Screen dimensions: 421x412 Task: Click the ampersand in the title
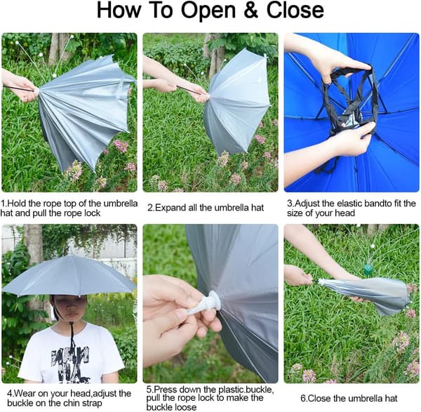[x=250, y=11]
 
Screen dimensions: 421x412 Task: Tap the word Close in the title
[x=295, y=11]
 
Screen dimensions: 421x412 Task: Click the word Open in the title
[x=208, y=11]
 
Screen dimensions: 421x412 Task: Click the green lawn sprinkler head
[x=367, y=270]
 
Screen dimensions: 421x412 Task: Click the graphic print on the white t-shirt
[x=71, y=364]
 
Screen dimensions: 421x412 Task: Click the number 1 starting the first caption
[x=2, y=204]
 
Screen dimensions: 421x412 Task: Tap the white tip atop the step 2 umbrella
[x=265, y=56]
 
